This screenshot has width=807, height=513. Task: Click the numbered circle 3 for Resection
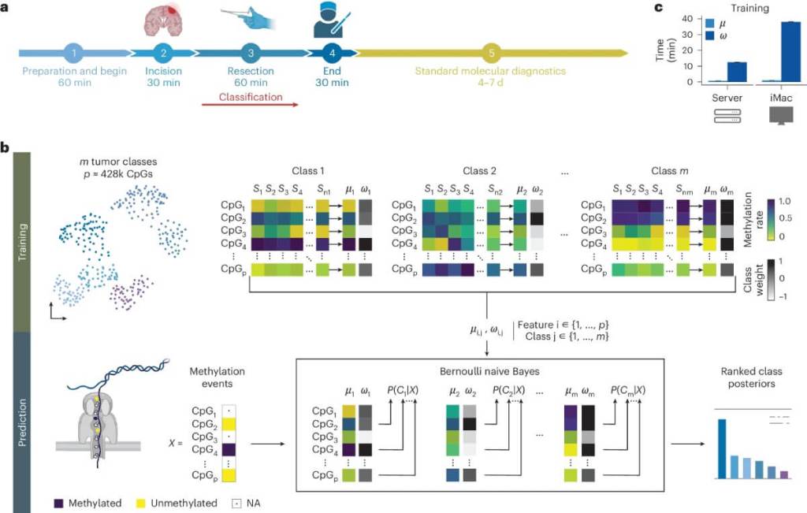click(250, 54)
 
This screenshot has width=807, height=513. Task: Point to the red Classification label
click(251, 97)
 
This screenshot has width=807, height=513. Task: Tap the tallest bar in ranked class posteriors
click(721, 449)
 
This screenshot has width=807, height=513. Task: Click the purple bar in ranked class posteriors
click(783, 474)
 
